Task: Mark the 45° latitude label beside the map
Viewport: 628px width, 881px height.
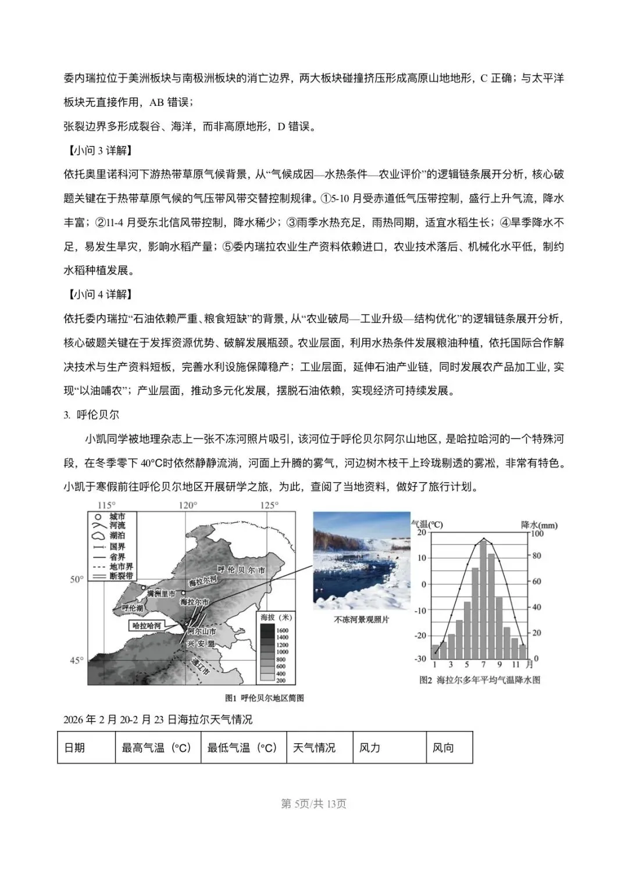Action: [77, 661]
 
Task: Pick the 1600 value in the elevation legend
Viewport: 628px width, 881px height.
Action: [282, 630]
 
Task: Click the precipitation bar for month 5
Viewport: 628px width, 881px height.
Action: [467, 630]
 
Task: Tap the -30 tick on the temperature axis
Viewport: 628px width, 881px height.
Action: [420, 659]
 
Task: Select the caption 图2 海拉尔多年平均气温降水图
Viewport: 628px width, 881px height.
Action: [480, 680]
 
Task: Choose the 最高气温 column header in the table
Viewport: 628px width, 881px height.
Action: [156, 748]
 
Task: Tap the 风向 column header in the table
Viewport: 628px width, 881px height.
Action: [443, 748]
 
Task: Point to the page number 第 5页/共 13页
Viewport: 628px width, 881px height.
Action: [314, 804]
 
